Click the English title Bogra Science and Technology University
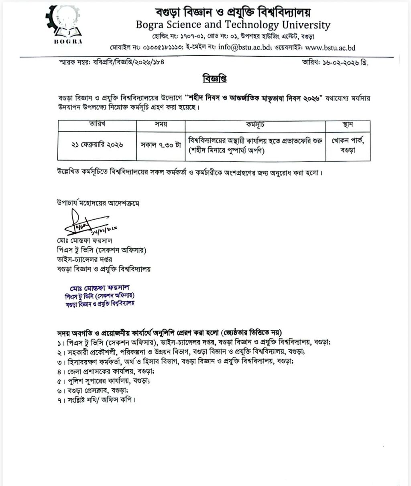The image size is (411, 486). click(233, 25)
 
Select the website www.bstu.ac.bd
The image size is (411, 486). click(330, 47)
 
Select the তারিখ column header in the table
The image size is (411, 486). click(98, 125)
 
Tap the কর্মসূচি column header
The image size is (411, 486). click(254, 125)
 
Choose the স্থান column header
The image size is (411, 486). click(348, 125)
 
